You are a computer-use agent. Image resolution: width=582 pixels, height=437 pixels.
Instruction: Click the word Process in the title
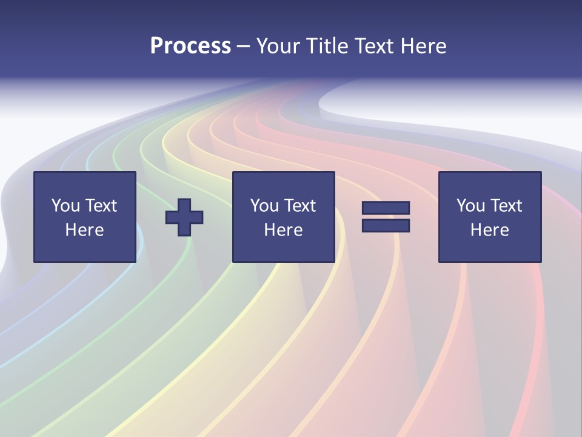(x=190, y=46)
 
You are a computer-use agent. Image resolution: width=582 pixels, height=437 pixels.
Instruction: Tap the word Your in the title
(x=280, y=46)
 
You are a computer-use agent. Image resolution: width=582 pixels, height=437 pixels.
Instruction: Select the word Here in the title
(x=423, y=46)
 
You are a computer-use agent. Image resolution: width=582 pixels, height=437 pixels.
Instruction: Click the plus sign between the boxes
(x=184, y=217)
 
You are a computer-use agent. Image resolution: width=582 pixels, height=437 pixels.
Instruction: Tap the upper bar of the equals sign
(x=386, y=208)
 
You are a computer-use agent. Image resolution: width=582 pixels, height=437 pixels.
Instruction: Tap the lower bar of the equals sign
(x=386, y=226)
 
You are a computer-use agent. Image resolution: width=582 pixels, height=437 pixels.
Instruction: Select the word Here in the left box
(x=84, y=230)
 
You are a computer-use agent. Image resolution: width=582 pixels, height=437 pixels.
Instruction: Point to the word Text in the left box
(x=101, y=206)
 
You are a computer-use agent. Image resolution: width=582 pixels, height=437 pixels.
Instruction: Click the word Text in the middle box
(x=299, y=206)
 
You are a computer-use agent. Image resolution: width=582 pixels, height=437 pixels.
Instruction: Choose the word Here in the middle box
(x=283, y=230)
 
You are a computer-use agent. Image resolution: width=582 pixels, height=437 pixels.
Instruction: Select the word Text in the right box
(x=506, y=206)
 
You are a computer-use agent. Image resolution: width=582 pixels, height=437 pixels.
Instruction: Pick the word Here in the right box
(x=489, y=230)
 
